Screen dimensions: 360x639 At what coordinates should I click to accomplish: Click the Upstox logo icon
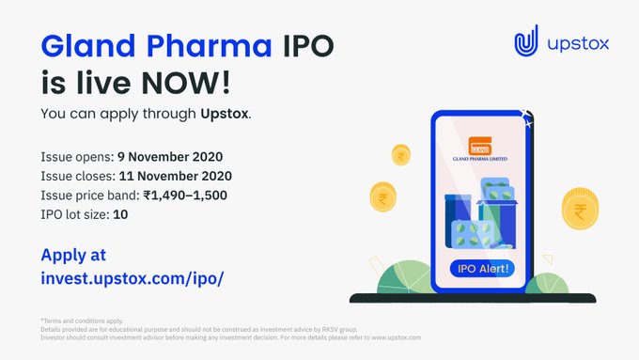click(x=526, y=43)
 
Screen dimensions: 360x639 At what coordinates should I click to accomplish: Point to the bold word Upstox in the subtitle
click(x=224, y=115)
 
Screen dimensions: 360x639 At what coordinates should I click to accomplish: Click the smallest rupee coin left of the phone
click(x=400, y=153)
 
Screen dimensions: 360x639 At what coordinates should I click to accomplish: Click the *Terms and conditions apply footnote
click(x=83, y=321)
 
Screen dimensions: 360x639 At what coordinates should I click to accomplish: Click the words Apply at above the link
click(x=73, y=254)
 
